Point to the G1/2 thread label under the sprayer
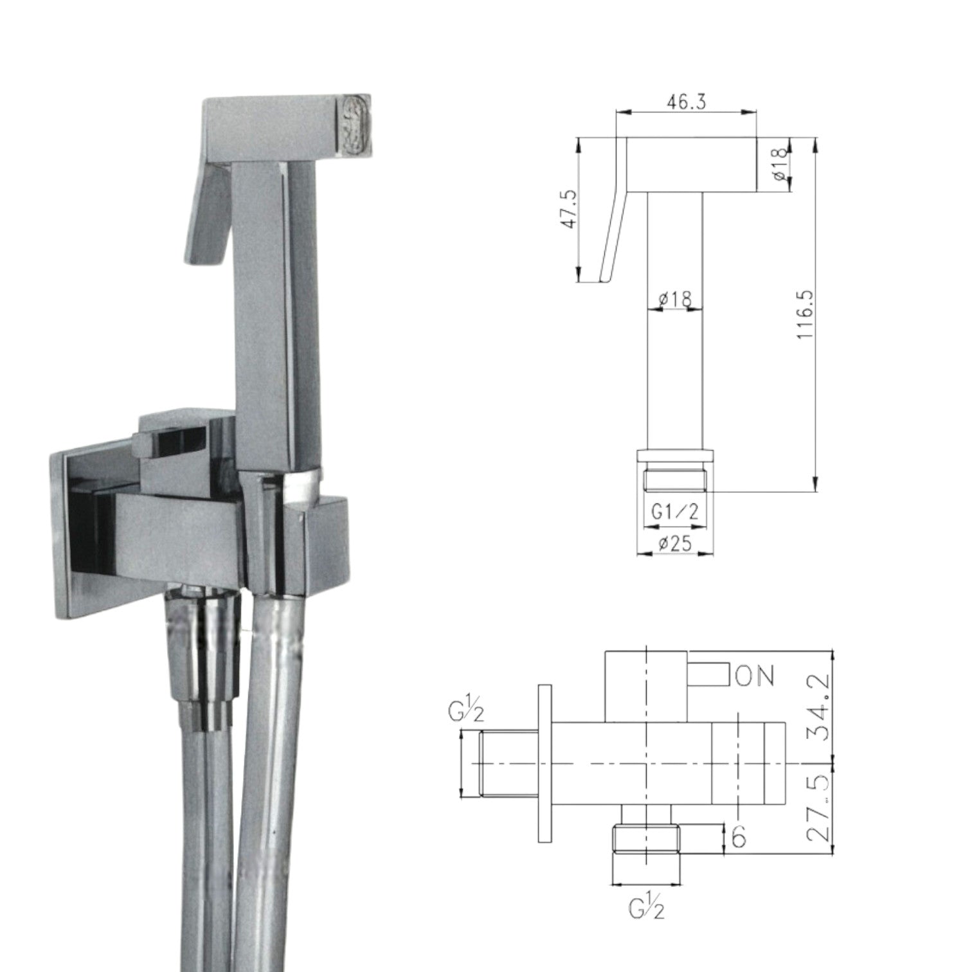[x=674, y=512]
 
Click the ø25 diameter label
[x=674, y=544]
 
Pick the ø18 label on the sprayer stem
[x=674, y=299]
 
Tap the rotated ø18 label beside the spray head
[x=779, y=165]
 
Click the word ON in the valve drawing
[x=754, y=676]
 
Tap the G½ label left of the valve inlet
[x=467, y=714]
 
